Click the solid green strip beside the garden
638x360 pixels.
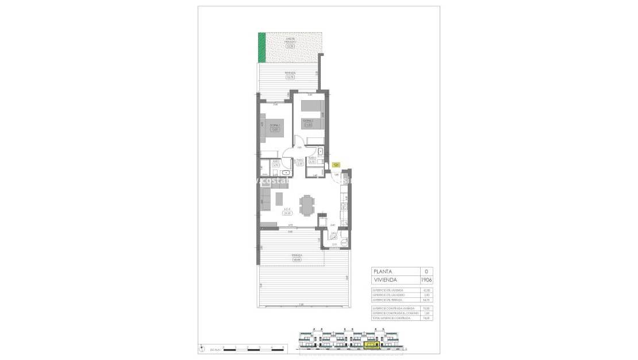[x=262, y=48]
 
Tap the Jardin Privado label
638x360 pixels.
[x=290, y=41]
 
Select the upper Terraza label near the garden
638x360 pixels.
[x=290, y=74]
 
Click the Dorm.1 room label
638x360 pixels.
[x=275, y=127]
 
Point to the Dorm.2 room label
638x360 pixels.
[x=308, y=121]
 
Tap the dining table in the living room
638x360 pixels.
[x=309, y=204]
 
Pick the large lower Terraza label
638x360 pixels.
[x=297, y=257]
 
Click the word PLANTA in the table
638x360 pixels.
[x=384, y=271]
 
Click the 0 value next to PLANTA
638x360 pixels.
[x=426, y=271]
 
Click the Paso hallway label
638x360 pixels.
[x=299, y=162]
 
